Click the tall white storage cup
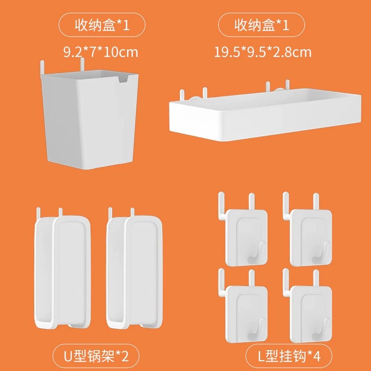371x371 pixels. point(90,118)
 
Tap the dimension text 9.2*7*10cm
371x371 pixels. point(101,52)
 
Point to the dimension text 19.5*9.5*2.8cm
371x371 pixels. point(262,52)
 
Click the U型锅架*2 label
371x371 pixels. point(96,356)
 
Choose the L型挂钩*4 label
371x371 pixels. point(289,356)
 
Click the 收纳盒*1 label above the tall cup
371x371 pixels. point(102,25)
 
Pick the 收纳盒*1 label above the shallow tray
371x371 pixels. point(262,25)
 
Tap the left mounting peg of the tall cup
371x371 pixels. point(42,67)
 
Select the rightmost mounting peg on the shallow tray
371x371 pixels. point(288,85)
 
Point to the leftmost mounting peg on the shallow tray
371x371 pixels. point(182,95)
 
